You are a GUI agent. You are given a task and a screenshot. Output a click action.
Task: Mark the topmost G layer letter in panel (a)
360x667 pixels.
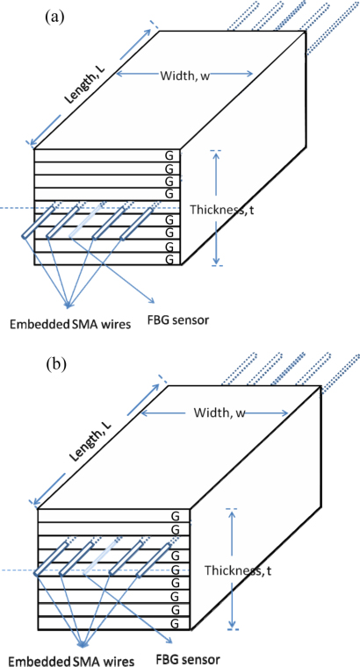tap(169, 155)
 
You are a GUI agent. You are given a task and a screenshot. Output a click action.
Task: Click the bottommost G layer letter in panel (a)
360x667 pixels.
tap(169, 259)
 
